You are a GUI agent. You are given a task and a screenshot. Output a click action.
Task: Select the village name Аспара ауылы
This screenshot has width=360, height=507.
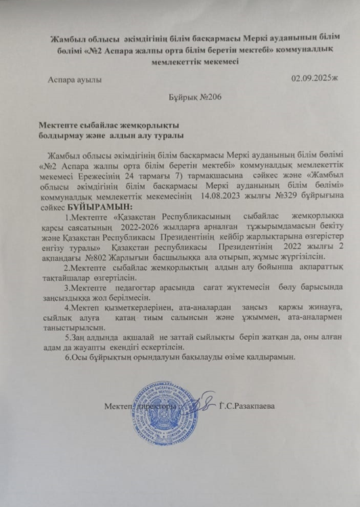[75, 79]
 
